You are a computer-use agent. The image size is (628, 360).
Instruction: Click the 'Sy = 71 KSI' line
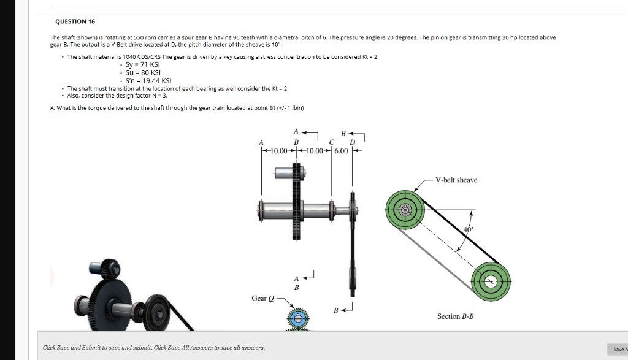pos(143,64)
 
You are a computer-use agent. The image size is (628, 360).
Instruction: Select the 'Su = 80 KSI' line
pos(142,72)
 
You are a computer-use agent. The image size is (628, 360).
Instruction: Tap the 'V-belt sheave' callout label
pos(456,180)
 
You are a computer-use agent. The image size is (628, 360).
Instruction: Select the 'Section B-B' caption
pos(455,316)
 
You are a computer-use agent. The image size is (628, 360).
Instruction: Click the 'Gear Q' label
pos(259,299)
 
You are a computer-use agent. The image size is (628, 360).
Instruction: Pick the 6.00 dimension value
pos(342,151)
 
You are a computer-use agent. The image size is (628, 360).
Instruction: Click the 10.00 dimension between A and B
pos(279,151)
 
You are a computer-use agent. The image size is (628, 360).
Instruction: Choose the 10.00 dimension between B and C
pos(314,151)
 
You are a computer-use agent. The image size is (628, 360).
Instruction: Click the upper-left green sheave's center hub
pos(405,210)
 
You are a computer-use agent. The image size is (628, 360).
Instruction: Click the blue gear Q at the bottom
pos(297,319)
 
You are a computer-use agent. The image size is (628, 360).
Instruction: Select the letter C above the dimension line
pos(332,142)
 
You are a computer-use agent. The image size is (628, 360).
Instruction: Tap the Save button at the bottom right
pos(619,349)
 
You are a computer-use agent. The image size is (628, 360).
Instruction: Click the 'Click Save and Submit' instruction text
pos(154,348)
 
